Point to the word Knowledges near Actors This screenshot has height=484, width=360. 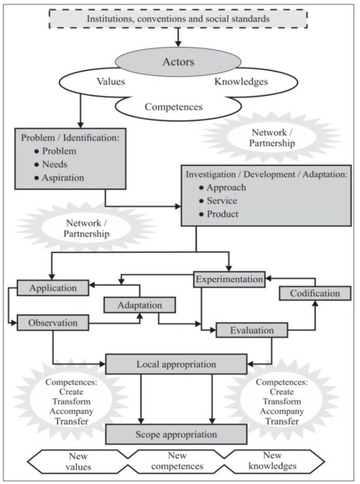242,83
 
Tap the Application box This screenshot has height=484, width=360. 54,287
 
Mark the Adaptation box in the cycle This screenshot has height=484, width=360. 141,305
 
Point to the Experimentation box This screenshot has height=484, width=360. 229,280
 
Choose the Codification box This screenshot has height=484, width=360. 314,293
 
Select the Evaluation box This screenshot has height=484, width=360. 252,330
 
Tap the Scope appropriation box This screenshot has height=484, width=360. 176,434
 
